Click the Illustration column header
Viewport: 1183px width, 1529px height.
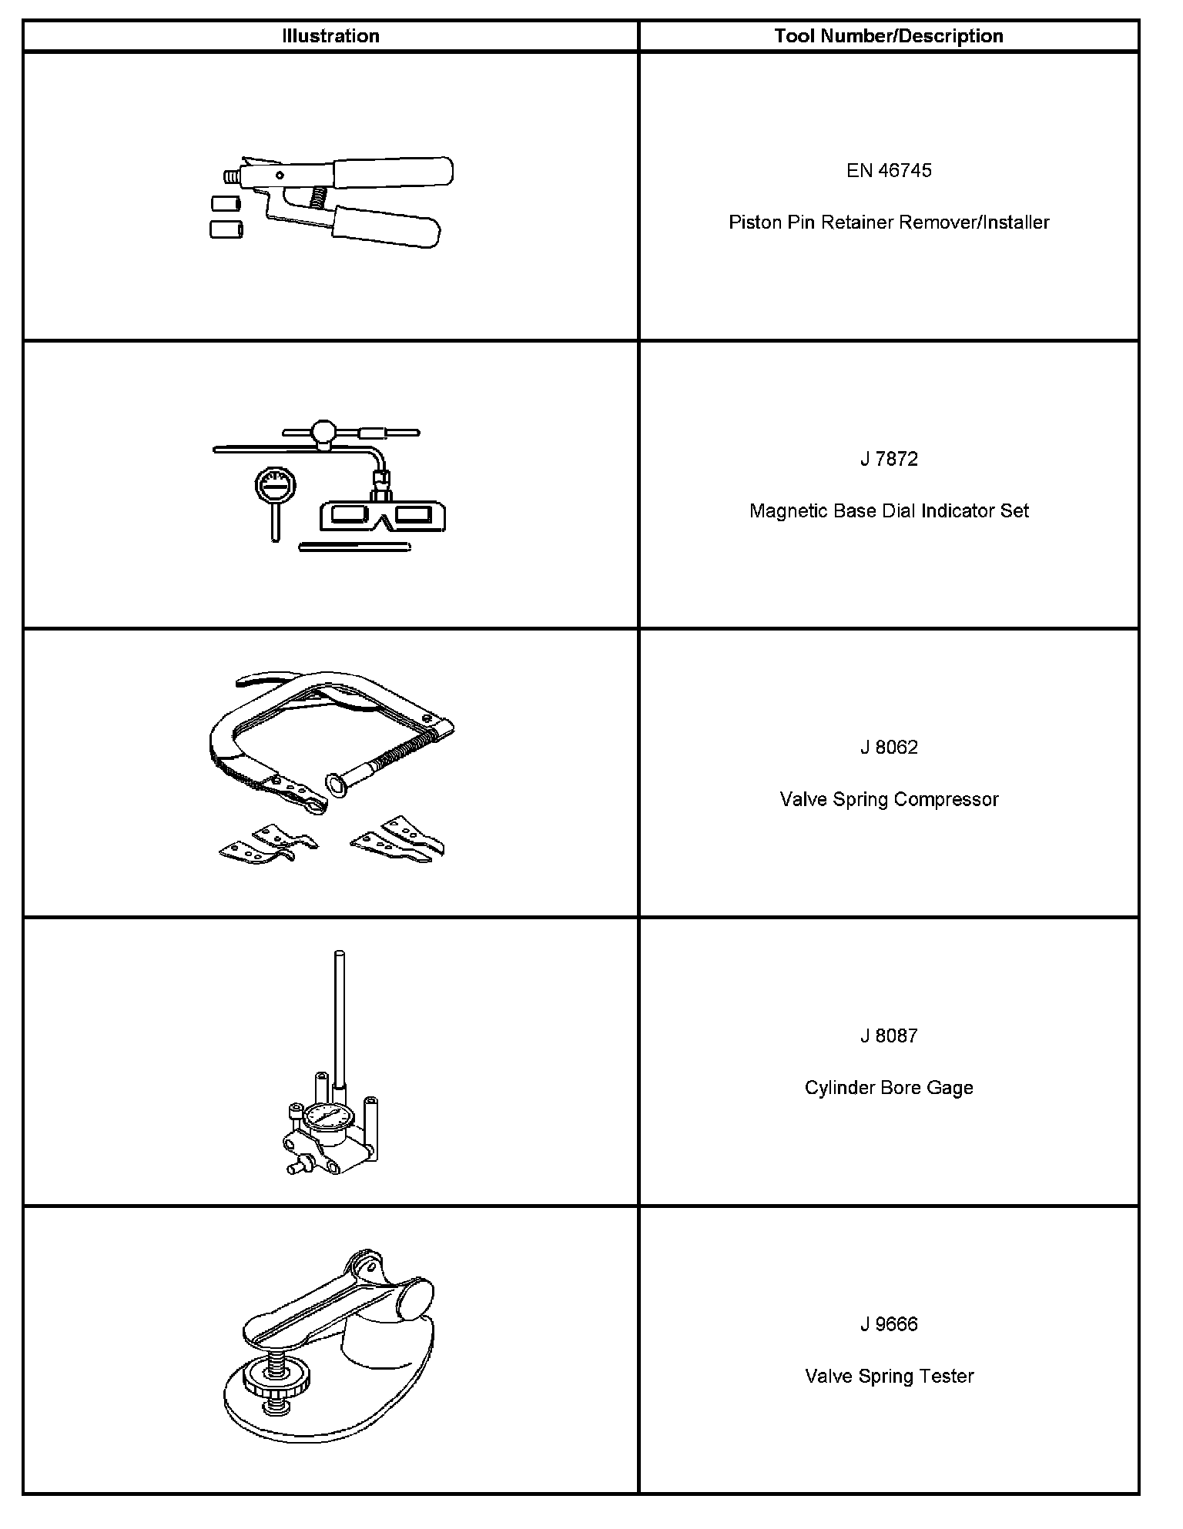(x=330, y=36)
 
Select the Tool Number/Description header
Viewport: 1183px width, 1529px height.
(x=889, y=36)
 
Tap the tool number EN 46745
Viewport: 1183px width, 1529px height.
(x=889, y=170)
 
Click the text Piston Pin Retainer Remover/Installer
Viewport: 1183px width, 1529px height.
(x=889, y=222)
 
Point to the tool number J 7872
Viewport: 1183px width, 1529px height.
(x=889, y=459)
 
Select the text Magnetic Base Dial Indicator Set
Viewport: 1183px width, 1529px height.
(x=889, y=511)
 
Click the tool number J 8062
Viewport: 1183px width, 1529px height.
(x=889, y=748)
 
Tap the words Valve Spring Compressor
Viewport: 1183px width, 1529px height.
(x=889, y=799)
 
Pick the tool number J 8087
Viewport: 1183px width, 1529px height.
(x=889, y=1036)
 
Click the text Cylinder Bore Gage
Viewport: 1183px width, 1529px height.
(x=889, y=1088)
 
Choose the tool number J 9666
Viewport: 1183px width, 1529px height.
(x=889, y=1324)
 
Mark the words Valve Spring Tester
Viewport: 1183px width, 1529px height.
(x=889, y=1376)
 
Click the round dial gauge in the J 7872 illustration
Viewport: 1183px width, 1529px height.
(x=273, y=487)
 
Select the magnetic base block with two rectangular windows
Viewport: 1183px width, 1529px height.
(x=383, y=515)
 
